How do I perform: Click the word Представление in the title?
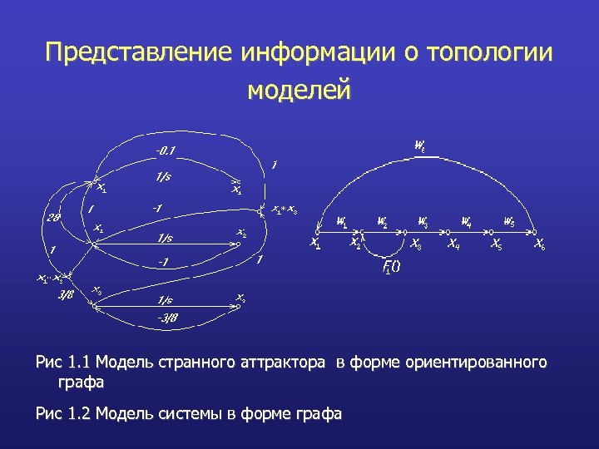139,53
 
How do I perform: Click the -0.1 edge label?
165,150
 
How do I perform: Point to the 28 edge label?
53,218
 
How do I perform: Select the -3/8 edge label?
167,317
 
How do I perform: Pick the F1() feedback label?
390,267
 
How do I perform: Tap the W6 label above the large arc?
420,145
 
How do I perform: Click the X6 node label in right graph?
540,244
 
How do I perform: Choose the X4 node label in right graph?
453,244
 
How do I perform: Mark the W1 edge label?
342,221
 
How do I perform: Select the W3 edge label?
423,221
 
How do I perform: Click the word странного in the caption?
197,363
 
